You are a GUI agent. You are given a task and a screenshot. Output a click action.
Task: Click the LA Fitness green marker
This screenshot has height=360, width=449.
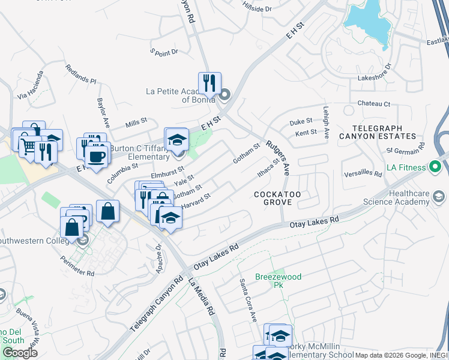(435, 166)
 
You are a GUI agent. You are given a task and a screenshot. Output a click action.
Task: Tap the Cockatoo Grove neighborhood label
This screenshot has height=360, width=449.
(273, 198)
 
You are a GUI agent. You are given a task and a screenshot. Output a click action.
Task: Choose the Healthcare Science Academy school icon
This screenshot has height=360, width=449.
(439, 196)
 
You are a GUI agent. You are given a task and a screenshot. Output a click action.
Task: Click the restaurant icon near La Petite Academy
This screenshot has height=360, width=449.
(209, 83)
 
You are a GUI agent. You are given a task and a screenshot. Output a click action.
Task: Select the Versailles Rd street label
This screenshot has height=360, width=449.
(363, 174)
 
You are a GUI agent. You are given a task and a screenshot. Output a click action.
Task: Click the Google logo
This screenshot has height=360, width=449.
(20, 353)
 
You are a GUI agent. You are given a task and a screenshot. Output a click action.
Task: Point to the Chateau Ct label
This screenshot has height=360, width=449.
(373, 104)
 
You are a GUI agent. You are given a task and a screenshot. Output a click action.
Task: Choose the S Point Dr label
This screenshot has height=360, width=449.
(164, 52)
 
